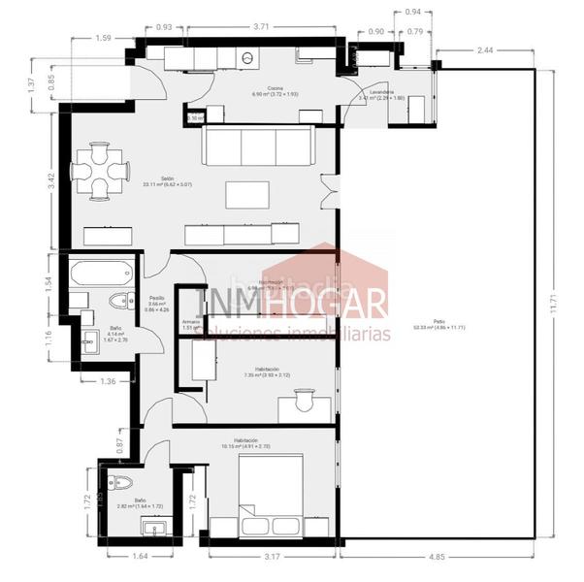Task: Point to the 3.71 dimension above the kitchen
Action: point(261,27)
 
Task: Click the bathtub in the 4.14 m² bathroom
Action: point(101,271)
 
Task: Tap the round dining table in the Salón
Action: point(100,172)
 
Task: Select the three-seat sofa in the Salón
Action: point(258,147)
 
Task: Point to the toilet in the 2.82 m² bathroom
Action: point(121,482)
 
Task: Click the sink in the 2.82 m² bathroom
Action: point(154,528)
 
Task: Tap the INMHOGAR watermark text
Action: point(291,304)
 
